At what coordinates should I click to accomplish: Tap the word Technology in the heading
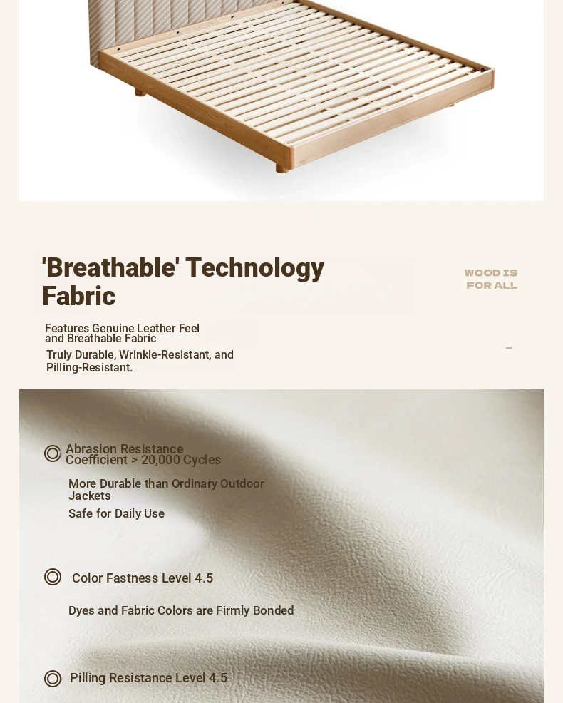(255, 269)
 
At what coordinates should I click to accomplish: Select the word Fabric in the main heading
(78, 296)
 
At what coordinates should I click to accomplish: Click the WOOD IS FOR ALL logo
(491, 279)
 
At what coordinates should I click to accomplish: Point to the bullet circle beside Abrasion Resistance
(53, 453)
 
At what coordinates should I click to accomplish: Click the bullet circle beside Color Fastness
(53, 577)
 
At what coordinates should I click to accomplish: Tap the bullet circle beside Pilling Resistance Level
(53, 679)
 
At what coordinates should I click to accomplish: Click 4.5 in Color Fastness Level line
(204, 578)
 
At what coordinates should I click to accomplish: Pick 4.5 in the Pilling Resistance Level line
(218, 678)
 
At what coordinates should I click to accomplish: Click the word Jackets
(90, 496)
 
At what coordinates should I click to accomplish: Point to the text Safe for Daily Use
(117, 513)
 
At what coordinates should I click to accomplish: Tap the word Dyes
(81, 610)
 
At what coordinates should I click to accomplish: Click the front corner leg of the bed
(282, 168)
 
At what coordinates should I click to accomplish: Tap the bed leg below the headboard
(140, 93)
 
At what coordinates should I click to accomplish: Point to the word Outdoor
(242, 484)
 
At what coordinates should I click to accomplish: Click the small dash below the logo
(509, 348)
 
